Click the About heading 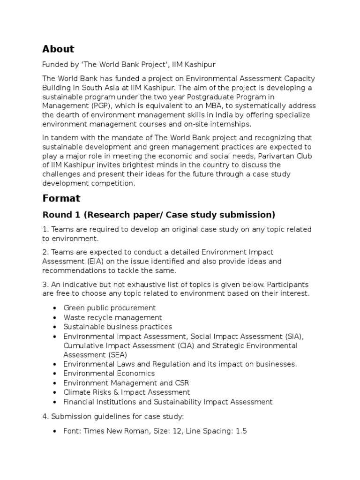click(x=58, y=49)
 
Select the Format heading click(x=61, y=198)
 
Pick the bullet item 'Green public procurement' click(x=109, y=308)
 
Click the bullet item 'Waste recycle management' click(x=112, y=317)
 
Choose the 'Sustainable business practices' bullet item click(x=118, y=327)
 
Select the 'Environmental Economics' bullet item click(x=109, y=374)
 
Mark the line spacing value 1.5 click(x=241, y=431)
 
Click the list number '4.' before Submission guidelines click(x=45, y=416)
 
